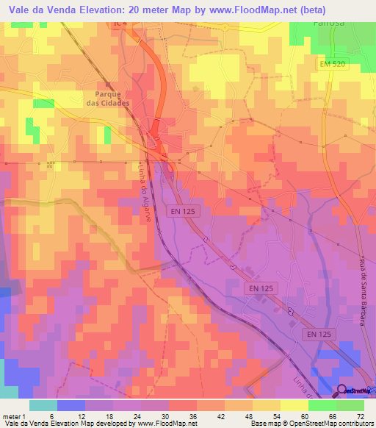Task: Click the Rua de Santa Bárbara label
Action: click(x=362, y=288)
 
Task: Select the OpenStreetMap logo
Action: click(x=354, y=391)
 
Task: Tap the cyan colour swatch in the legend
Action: click(x=43, y=405)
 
